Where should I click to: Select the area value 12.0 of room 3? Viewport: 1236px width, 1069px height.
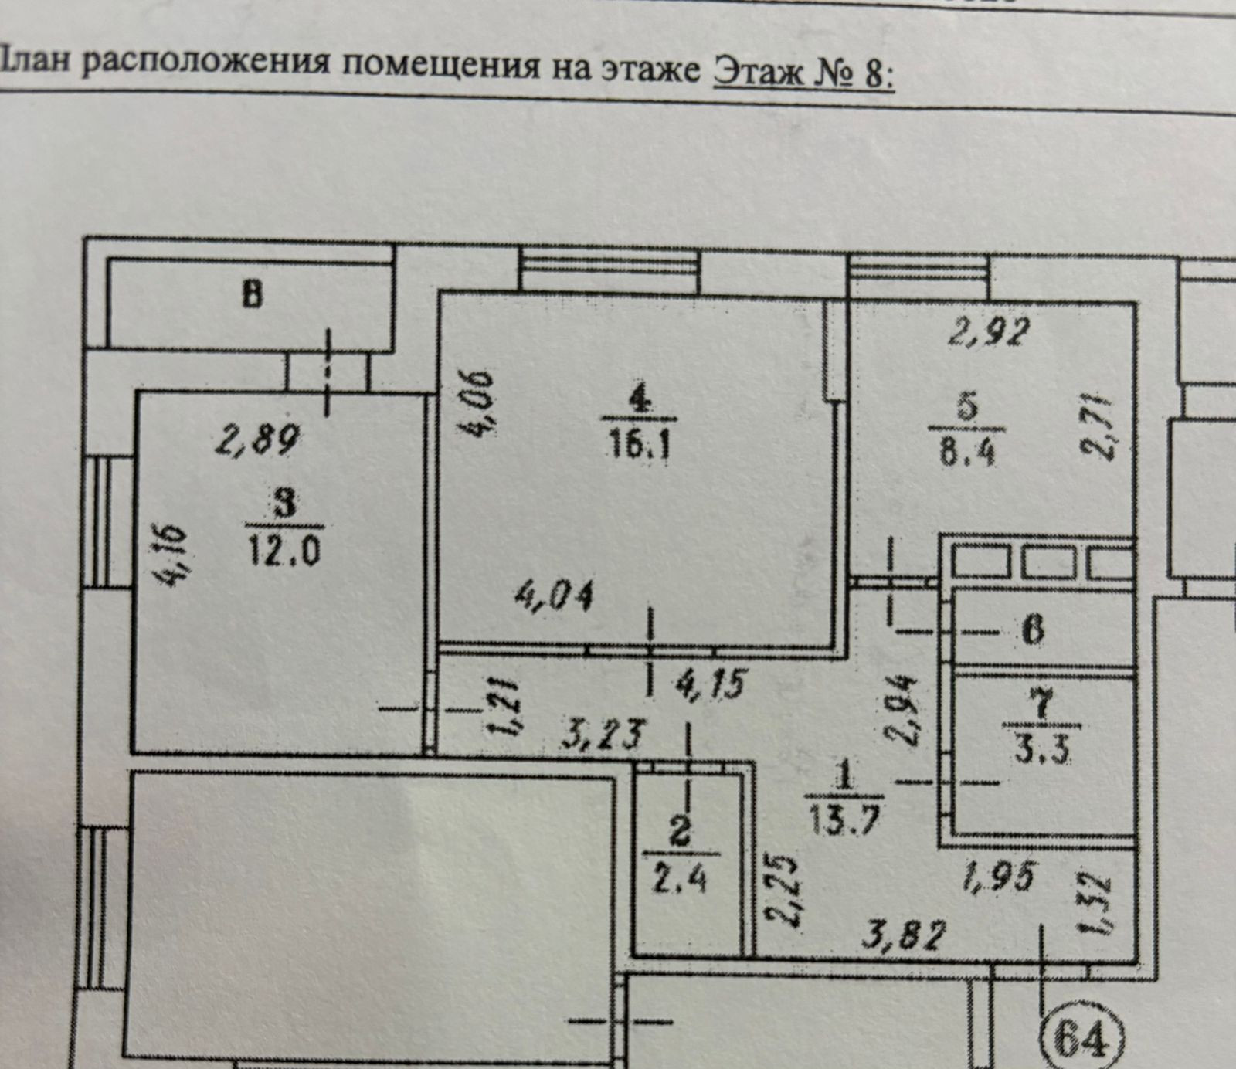[284, 551]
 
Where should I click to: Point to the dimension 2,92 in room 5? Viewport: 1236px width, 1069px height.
[990, 331]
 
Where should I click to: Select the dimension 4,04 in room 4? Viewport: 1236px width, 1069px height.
[555, 597]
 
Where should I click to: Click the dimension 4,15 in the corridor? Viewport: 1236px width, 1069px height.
[711, 684]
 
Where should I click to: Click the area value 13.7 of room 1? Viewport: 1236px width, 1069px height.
[844, 820]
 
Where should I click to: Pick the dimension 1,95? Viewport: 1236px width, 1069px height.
[998, 877]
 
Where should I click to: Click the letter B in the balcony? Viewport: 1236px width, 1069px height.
[252, 294]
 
